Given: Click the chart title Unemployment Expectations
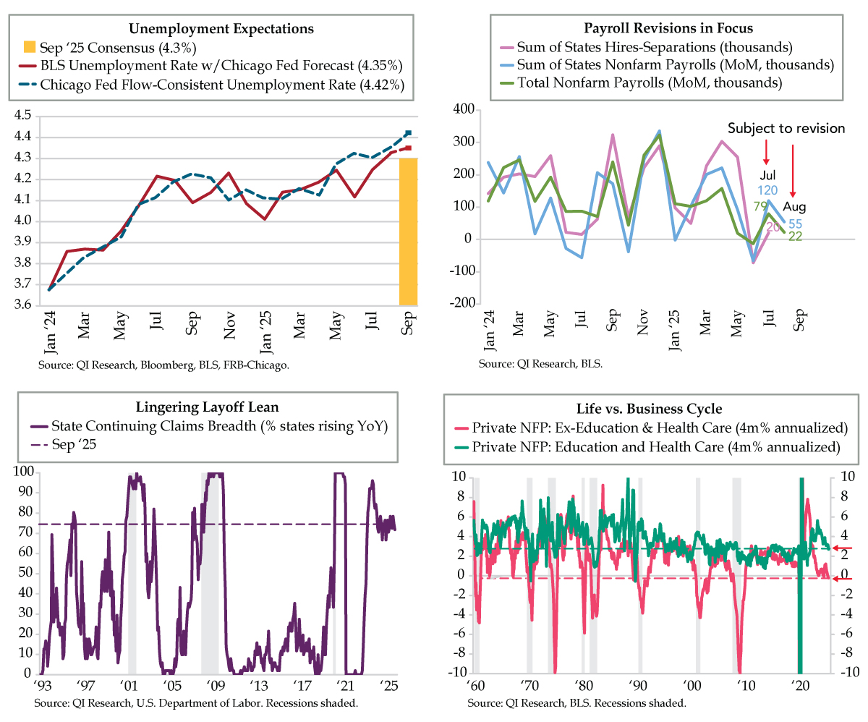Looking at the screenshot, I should click(221, 29).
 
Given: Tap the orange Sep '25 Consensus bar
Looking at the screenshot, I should click(409, 232).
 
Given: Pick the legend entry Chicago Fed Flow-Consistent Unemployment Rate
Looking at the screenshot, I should click(221, 85).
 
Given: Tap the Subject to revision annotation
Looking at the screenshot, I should click(786, 128).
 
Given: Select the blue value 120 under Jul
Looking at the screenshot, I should click(767, 190).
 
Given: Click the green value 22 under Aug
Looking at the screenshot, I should click(795, 237).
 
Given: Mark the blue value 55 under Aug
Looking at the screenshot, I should click(795, 224).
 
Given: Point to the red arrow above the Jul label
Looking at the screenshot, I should click(767, 153).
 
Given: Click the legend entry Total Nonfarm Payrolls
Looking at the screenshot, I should click(649, 82).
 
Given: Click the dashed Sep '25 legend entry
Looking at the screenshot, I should click(72, 444).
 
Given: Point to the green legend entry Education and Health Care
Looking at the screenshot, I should click(654, 447).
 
